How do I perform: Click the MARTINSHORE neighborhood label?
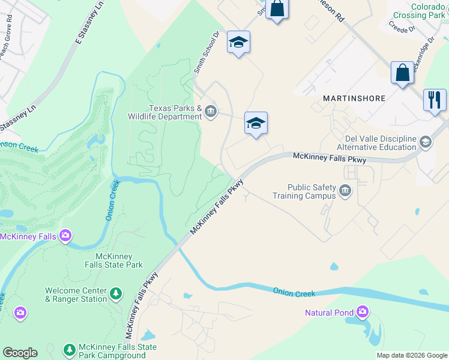(x=354, y=98)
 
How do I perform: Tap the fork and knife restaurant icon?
(x=434, y=100)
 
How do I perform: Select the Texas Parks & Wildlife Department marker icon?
(x=211, y=111)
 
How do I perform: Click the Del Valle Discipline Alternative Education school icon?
(x=426, y=142)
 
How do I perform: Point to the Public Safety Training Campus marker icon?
(x=345, y=191)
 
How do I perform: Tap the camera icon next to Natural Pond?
(x=362, y=312)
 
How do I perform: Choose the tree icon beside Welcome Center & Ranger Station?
(x=115, y=294)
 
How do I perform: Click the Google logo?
(x=20, y=353)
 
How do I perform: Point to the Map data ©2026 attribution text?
(x=411, y=355)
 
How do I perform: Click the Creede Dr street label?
(x=400, y=27)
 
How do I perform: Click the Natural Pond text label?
(x=329, y=313)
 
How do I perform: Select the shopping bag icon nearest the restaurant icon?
(x=402, y=73)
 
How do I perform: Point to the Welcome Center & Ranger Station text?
(x=76, y=295)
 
